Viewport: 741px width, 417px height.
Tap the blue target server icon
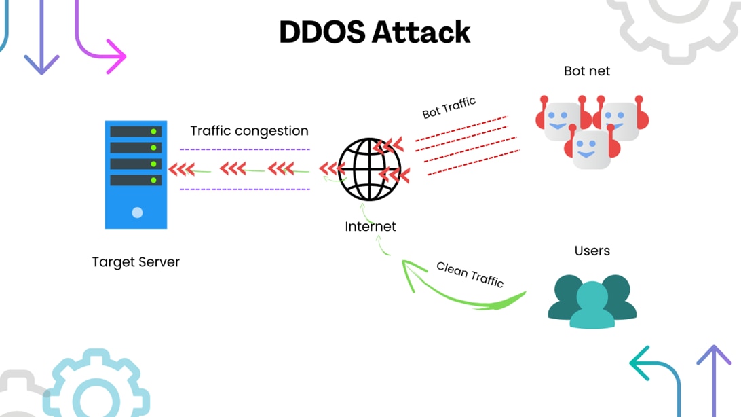point(136,175)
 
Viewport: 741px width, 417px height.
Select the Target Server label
point(136,261)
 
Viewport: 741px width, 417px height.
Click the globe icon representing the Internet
point(370,169)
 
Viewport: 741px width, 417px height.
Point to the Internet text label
point(370,226)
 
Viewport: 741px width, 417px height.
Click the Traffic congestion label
point(249,131)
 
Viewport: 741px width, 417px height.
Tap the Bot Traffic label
point(449,107)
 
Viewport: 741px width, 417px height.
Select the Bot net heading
point(587,71)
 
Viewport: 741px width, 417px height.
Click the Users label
point(592,251)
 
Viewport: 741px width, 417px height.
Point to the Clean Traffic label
point(470,274)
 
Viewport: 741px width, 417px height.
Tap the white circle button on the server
point(137,213)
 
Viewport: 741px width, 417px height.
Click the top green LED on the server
point(154,131)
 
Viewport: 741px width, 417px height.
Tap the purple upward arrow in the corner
point(714,360)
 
